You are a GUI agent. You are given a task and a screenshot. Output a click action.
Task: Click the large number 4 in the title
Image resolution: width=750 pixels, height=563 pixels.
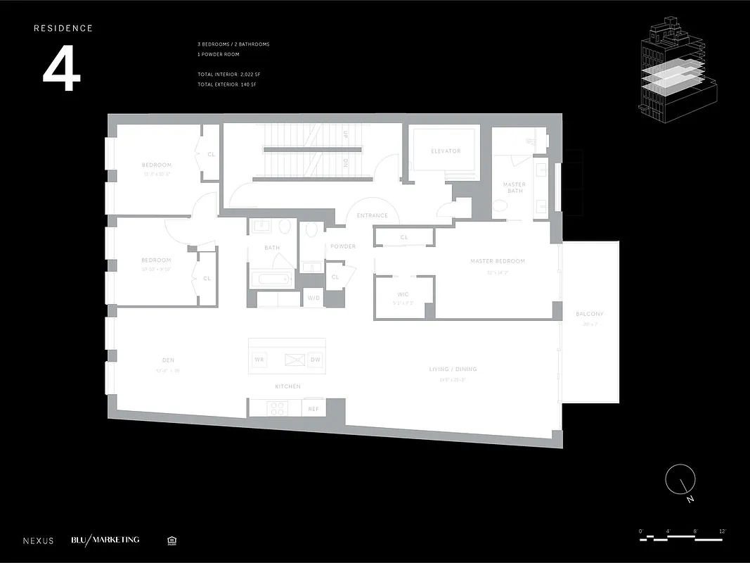(x=62, y=71)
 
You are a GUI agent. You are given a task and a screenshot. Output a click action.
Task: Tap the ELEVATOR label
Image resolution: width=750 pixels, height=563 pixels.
(x=446, y=151)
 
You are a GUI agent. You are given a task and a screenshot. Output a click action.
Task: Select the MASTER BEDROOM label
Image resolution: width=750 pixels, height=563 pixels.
(x=498, y=261)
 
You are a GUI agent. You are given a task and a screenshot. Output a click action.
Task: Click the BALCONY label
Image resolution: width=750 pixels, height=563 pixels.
(x=589, y=314)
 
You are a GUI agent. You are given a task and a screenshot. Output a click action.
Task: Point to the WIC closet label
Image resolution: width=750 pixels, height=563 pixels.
(x=403, y=294)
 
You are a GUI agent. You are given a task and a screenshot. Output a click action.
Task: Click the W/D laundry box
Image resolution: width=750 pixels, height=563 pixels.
(x=313, y=298)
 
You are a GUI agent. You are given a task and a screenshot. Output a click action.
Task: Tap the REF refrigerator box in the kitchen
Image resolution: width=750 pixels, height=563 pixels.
(x=313, y=407)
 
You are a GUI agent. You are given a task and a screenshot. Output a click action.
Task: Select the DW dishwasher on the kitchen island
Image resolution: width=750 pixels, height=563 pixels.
(x=315, y=360)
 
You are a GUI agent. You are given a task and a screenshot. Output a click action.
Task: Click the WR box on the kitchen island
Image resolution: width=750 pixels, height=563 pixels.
(x=259, y=360)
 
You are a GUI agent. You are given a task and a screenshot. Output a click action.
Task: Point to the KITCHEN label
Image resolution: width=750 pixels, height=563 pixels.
(x=287, y=386)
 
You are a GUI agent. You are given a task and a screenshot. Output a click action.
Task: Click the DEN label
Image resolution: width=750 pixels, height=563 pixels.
(x=168, y=360)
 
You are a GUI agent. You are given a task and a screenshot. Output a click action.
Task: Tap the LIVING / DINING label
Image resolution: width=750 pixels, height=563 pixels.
(x=453, y=369)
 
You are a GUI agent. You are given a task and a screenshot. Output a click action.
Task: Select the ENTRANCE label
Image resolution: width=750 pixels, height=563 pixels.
(x=372, y=215)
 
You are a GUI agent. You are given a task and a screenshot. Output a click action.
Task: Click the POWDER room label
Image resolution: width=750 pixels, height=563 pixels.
(x=343, y=246)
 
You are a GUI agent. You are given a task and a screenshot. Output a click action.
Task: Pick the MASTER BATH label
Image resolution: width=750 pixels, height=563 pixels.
(x=514, y=188)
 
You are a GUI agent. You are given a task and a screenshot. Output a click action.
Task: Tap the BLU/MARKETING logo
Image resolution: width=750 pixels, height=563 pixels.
(x=105, y=540)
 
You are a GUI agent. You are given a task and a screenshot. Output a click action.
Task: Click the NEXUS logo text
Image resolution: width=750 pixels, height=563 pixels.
(x=38, y=540)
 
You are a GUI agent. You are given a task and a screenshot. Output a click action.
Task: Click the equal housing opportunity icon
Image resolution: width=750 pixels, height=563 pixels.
(x=172, y=540)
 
